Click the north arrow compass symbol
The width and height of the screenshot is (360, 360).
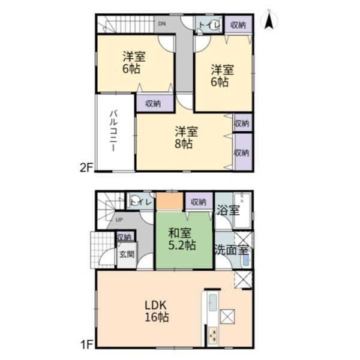[269, 20]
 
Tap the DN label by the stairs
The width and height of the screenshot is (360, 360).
[162, 23]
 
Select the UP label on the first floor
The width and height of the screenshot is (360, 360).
[119, 220]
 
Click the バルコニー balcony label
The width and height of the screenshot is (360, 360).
[113, 131]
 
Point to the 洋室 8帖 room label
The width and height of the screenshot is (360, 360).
[186, 137]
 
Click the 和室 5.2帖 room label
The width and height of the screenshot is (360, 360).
[182, 239]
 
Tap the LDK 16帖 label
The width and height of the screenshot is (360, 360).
[157, 311]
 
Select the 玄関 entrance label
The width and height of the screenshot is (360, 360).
[127, 254]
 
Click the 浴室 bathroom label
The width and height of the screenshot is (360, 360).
[228, 210]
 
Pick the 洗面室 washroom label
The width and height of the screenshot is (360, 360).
[232, 250]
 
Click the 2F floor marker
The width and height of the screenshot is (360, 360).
[86, 168]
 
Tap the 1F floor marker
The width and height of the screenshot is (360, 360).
[86, 344]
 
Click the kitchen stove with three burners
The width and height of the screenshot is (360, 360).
[212, 335]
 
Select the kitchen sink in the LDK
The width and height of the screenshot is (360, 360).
[212, 302]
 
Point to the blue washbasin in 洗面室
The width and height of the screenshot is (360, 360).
[245, 260]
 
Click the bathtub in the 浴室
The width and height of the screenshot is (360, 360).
[242, 210]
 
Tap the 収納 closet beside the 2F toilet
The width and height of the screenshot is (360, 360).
[238, 25]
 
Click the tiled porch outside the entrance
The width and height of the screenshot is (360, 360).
[103, 250]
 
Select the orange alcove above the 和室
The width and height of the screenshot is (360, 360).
[170, 201]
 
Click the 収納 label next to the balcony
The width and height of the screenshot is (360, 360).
[153, 104]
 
